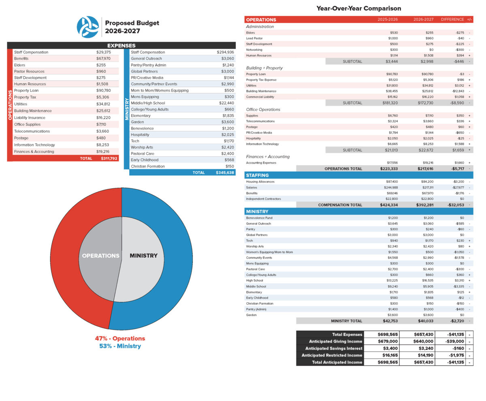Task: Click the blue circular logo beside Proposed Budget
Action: click(87, 27)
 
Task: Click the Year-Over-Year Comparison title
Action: click(358, 8)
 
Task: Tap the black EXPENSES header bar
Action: click(121, 45)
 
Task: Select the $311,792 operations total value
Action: click(109, 158)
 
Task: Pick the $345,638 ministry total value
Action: click(225, 172)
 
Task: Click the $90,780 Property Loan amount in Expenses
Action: click(103, 91)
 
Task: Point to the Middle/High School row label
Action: click(148, 103)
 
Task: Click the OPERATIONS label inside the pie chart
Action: click(101, 256)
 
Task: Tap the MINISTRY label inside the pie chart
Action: click(143, 255)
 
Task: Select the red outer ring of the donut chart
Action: click(67, 259)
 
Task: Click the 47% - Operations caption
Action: click(120, 338)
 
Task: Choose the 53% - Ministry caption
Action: click(120, 346)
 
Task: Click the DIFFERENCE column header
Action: click(452, 19)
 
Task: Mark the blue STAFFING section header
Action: click(358, 175)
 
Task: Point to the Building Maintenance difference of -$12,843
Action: click(458, 91)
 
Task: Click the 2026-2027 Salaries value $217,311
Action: click(428, 188)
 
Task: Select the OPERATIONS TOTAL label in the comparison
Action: click(343, 168)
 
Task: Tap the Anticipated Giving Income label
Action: click(335, 341)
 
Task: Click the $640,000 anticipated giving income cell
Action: click(423, 341)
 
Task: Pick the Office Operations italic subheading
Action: click(263, 110)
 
